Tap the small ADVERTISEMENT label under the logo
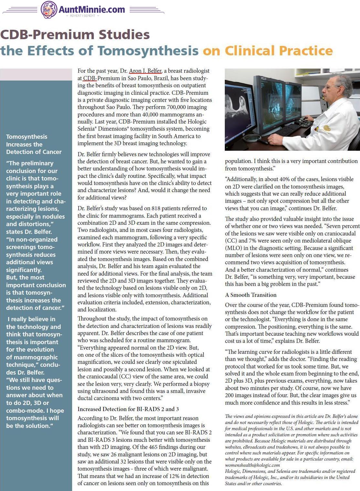click(x=82, y=16)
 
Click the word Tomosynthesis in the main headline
click(x=148, y=51)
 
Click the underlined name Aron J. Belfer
click(x=145, y=71)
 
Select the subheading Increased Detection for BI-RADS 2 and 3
click(x=128, y=409)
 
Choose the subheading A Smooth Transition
click(x=251, y=295)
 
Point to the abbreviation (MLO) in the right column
click(x=233, y=248)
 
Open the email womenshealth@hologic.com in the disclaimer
click(x=252, y=465)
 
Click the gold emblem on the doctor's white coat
click(x=327, y=128)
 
